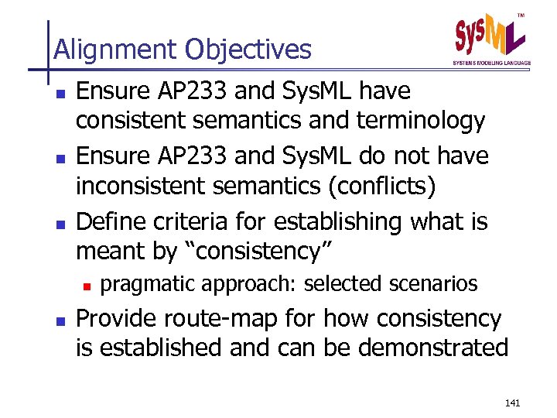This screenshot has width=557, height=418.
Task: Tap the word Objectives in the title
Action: (x=248, y=50)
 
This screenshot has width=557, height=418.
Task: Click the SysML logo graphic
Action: (x=490, y=35)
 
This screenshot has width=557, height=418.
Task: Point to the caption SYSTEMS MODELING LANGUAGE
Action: (x=491, y=63)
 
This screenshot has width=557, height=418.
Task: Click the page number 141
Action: (x=512, y=403)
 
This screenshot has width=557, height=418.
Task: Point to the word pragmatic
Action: (x=149, y=284)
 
